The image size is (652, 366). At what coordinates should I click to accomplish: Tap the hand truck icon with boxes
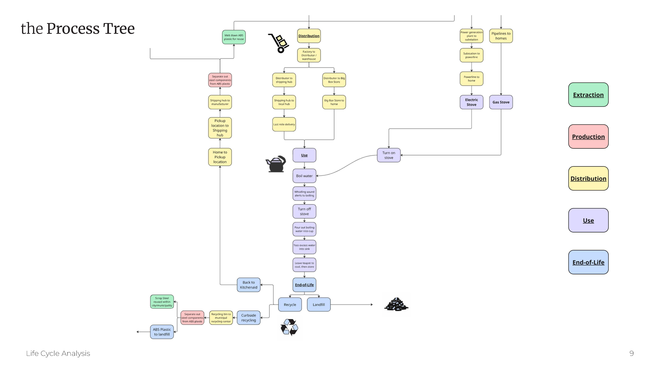pos(278,43)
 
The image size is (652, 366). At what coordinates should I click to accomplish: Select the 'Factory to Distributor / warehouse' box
pos(309,55)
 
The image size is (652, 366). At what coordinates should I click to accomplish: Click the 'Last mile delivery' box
pos(284,124)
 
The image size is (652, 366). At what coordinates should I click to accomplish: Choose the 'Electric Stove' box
pos(471,102)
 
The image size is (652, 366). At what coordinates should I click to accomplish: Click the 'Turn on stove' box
pos(389,155)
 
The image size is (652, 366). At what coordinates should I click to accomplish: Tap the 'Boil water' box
pos(304,176)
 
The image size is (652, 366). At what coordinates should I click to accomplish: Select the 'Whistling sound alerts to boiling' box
pos(304,194)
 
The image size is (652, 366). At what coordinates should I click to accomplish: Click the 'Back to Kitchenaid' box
pos(249,285)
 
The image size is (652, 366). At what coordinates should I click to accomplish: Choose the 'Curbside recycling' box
pos(249,318)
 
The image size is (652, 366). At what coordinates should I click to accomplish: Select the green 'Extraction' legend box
pos(588,95)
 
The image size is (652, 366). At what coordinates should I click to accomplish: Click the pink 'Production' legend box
pos(588,137)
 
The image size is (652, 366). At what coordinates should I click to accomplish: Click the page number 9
pos(631,353)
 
